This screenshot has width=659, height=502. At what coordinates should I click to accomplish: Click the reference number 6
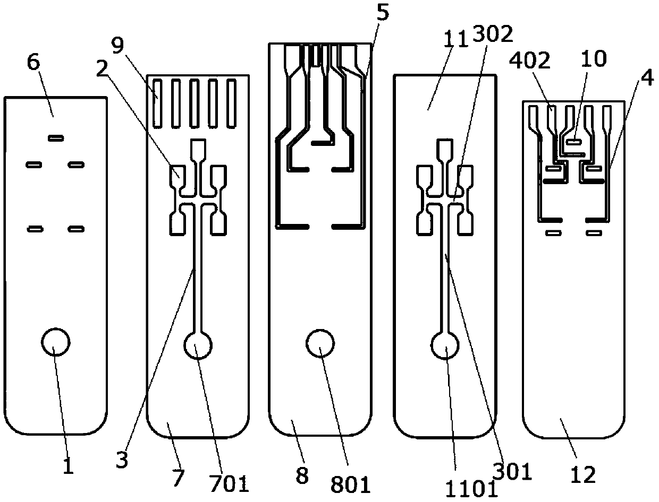pyautogui.click(x=33, y=63)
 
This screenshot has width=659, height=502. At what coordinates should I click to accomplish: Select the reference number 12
pyautogui.click(x=583, y=473)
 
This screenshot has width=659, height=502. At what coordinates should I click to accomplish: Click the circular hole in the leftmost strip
pyautogui.click(x=56, y=342)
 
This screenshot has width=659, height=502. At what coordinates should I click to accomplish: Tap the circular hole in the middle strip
pyautogui.click(x=320, y=342)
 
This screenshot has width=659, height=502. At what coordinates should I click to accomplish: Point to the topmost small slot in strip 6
pyautogui.click(x=56, y=139)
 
